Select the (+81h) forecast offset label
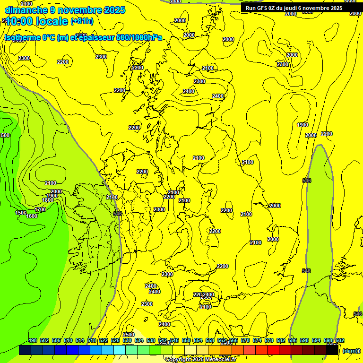[82, 21]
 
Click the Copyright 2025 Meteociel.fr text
[200, 360]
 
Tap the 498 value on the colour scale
[33, 340]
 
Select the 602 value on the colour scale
[340, 340]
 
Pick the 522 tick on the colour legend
[104, 340]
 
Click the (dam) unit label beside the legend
[350, 351]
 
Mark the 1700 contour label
[40, 209]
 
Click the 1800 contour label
[48, 200]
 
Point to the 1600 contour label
[32, 216]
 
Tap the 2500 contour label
[129, 335]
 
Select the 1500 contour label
[21, 213]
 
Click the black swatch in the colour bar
[333, 350]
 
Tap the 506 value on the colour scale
[56, 340]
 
